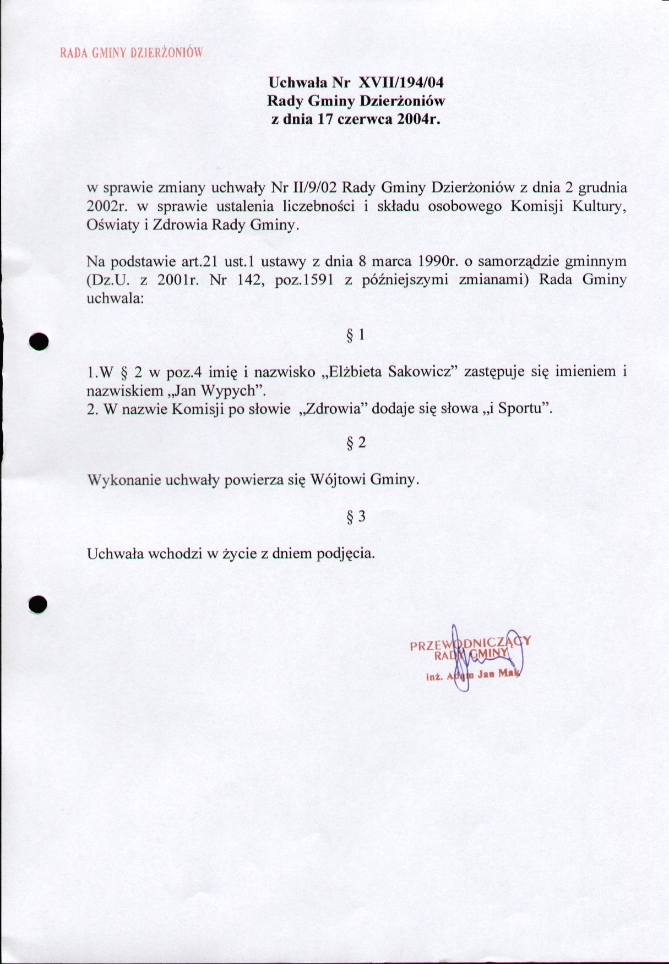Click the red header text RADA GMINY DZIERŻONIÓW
coord(132,53)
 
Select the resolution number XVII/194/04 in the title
coord(401,83)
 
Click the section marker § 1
coord(355,335)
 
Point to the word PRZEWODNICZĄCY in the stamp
coord(470,643)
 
